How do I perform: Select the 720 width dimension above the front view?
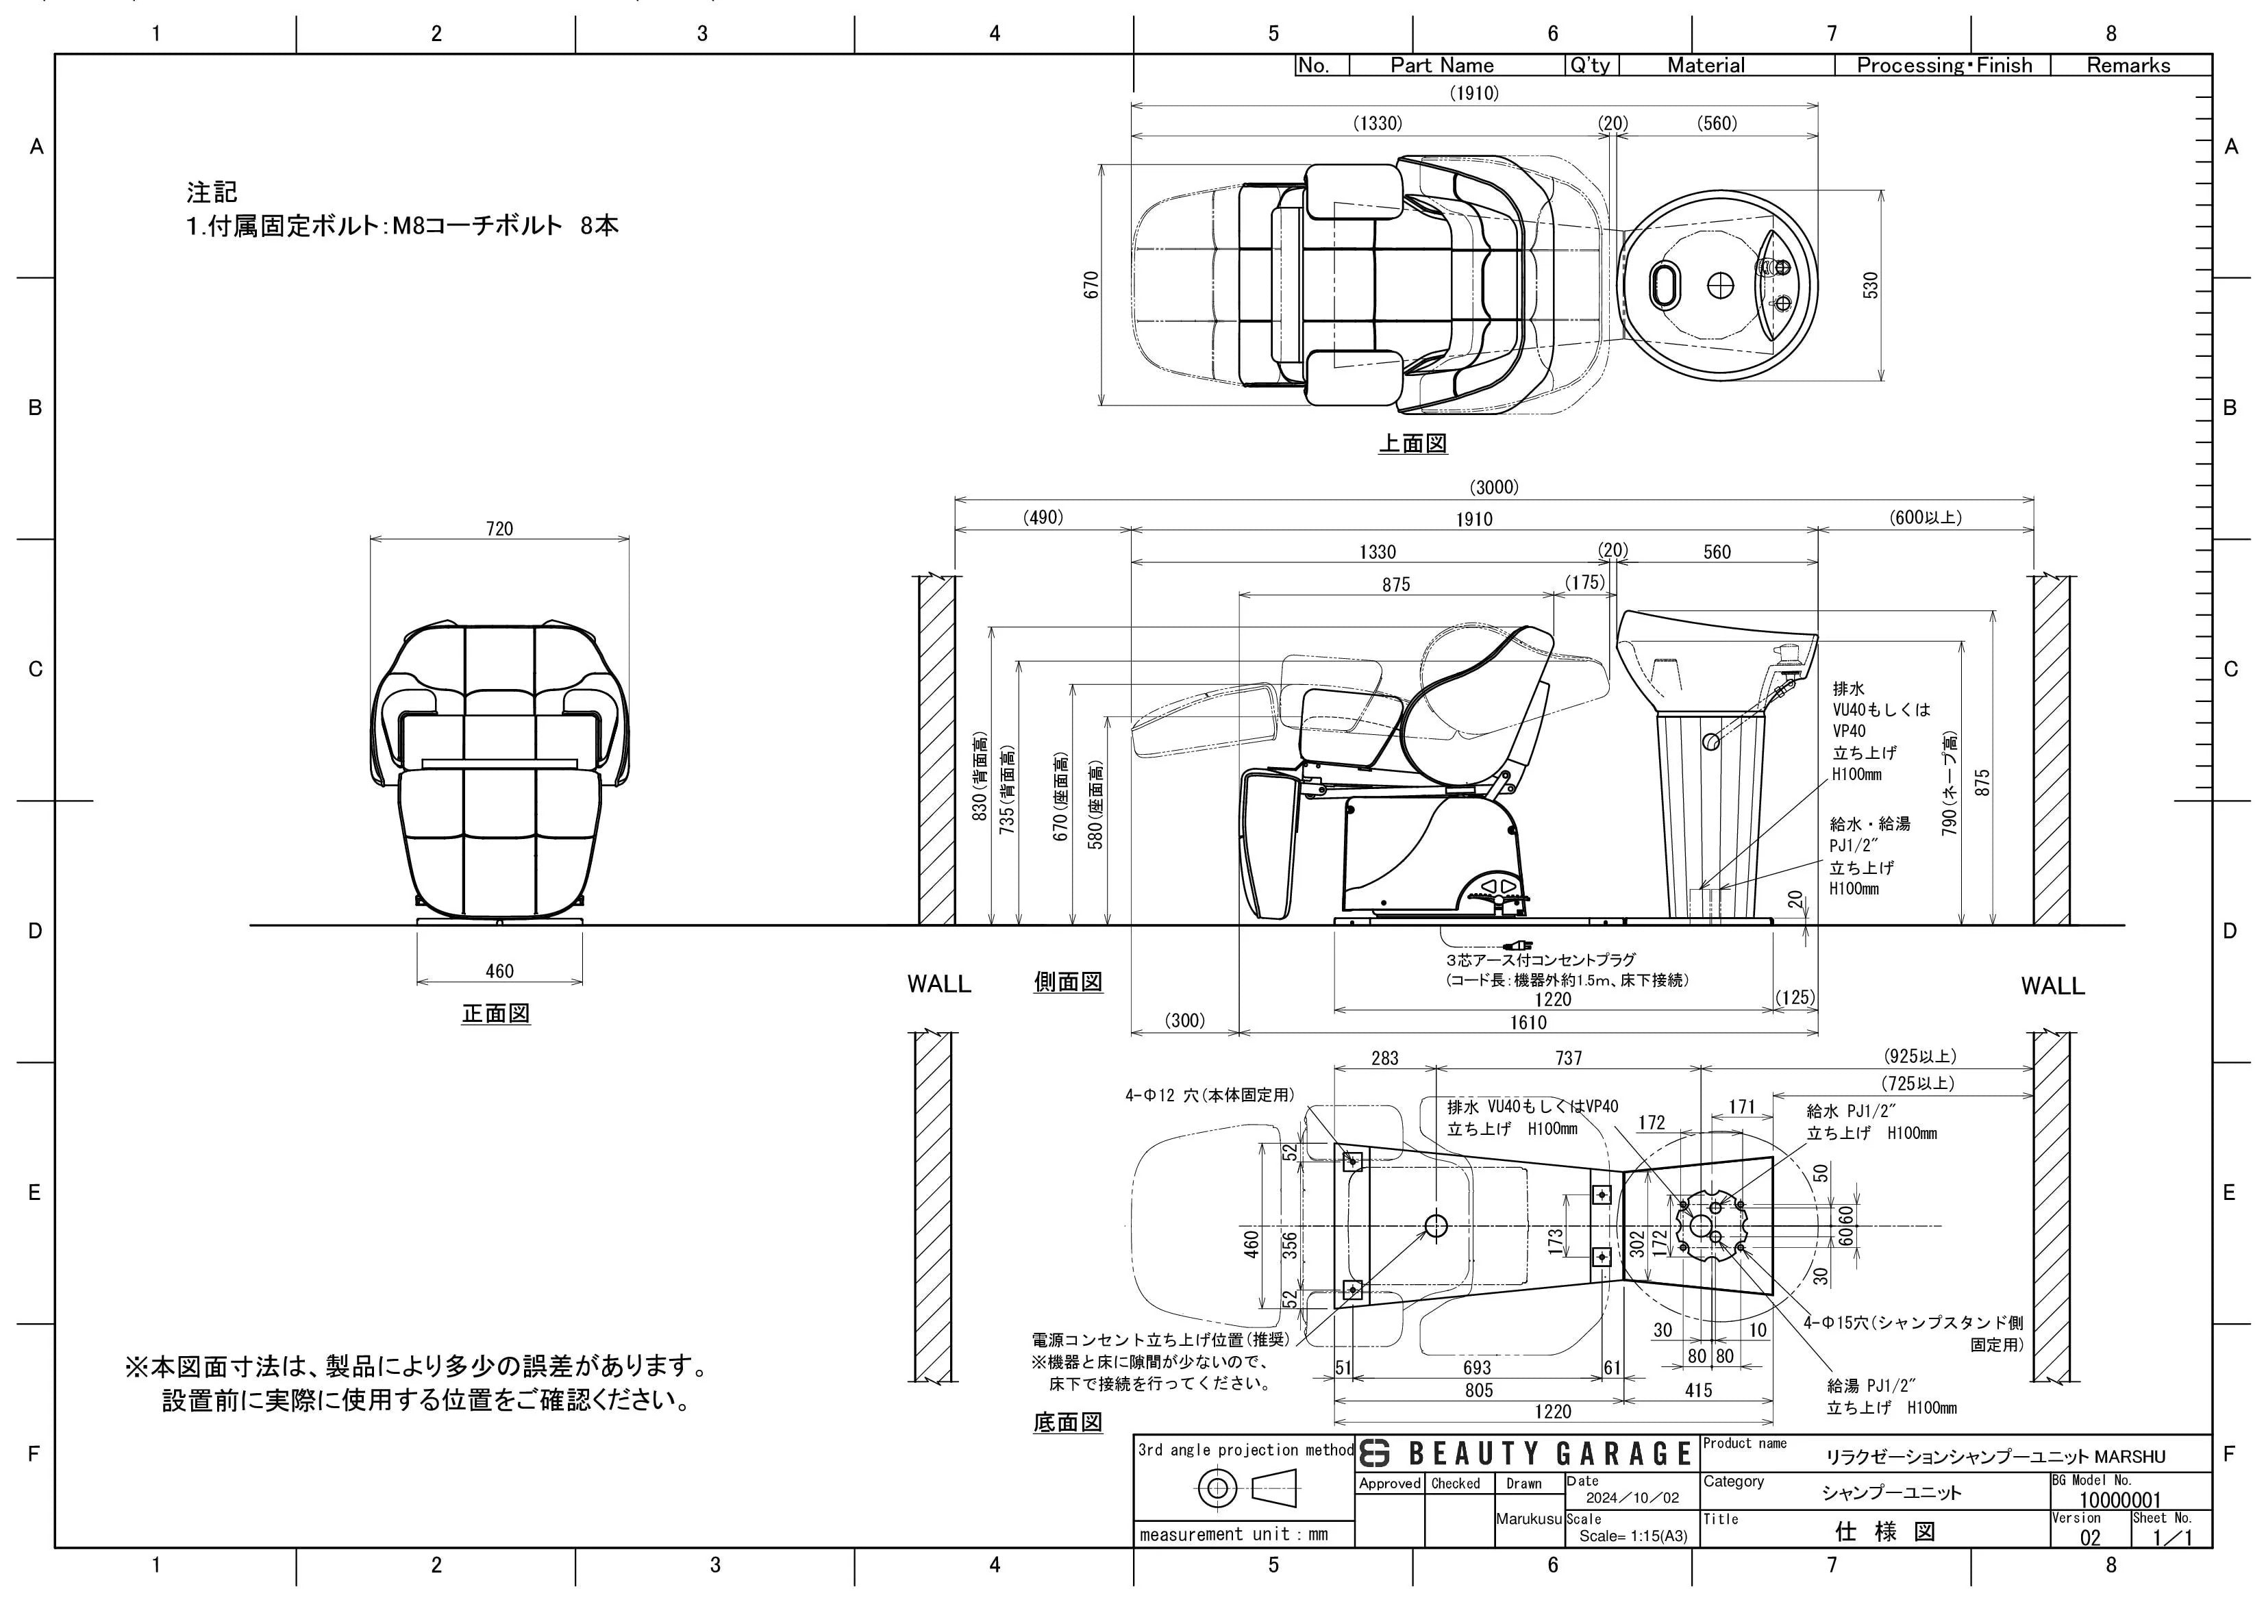pos(499,529)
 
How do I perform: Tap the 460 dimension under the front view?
pos(499,971)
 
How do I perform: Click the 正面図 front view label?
pos(497,1014)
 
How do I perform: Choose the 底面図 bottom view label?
pos(1068,1423)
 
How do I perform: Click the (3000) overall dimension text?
pos(1494,486)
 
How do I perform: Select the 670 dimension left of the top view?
pos(1091,284)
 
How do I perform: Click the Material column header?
pos(1706,65)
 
